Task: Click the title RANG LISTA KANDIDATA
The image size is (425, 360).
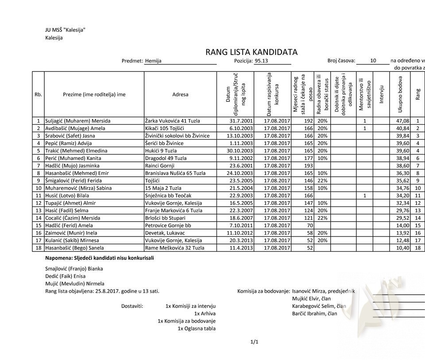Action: coord(251,52)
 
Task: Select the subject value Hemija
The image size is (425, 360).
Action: coord(153,61)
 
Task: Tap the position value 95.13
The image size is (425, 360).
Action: coord(262,61)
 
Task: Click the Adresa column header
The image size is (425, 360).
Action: coord(180,94)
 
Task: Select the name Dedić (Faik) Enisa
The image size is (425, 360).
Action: coord(66,276)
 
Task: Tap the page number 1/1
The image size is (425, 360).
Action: coord(254,342)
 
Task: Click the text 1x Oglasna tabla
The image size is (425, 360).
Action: coord(197,329)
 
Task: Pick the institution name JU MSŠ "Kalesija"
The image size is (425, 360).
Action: coord(65,30)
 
